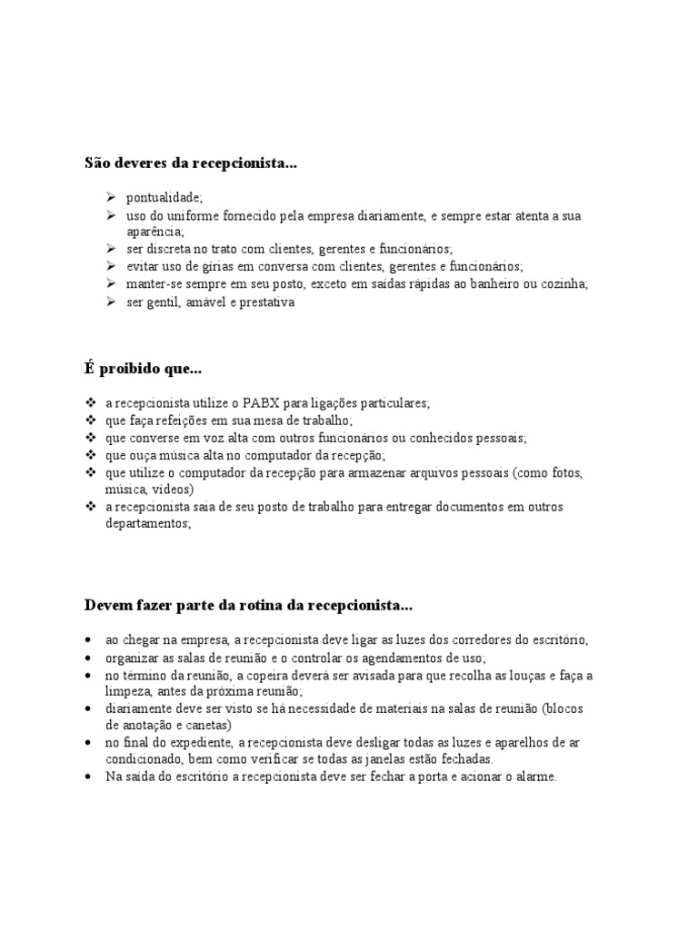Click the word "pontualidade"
coord(164,197)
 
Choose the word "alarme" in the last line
coord(531,777)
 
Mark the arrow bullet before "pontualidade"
coord(110,197)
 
